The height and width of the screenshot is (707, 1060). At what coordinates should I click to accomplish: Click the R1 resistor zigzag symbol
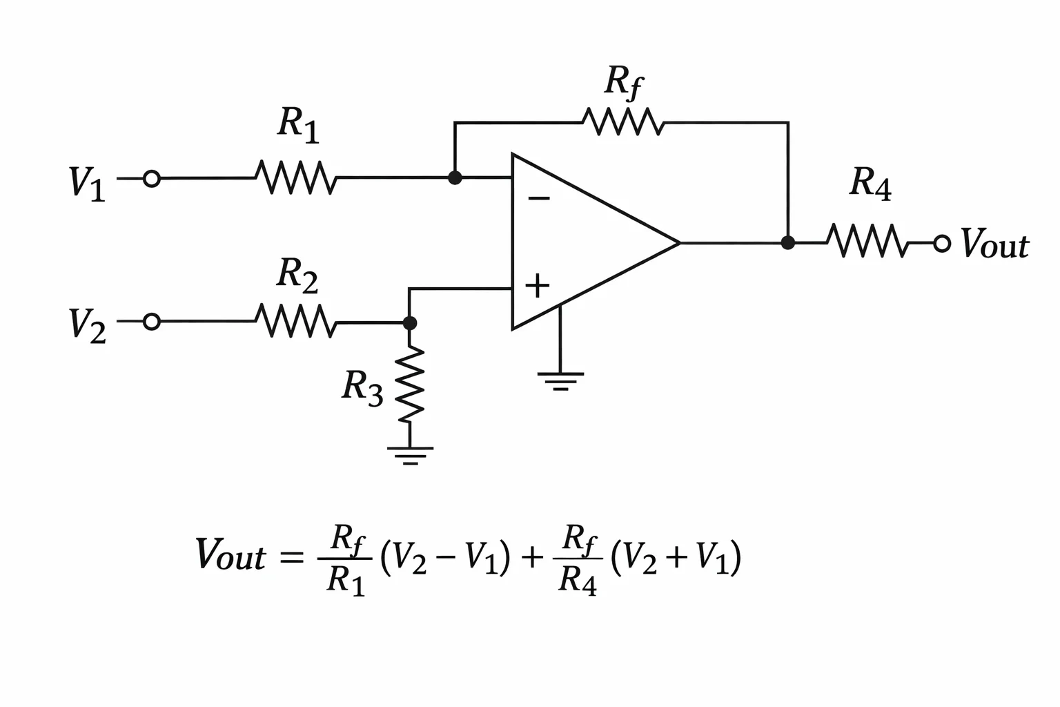pyautogui.click(x=296, y=177)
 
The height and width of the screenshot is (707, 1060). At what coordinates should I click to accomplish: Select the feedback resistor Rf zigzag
pyautogui.click(x=622, y=122)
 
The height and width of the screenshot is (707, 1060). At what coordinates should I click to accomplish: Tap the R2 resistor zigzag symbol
pyautogui.click(x=296, y=321)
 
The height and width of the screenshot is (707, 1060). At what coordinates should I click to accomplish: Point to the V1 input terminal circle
pyautogui.click(x=151, y=179)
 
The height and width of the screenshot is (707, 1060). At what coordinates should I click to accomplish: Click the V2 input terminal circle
pyautogui.click(x=151, y=322)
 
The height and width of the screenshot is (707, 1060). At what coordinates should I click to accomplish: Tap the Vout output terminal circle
pyautogui.click(x=942, y=244)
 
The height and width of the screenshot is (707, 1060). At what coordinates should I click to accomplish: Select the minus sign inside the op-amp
pyautogui.click(x=538, y=198)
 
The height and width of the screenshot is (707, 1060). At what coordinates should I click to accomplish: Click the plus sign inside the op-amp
pyautogui.click(x=537, y=286)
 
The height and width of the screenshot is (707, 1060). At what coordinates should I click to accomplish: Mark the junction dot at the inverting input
pyautogui.click(x=455, y=177)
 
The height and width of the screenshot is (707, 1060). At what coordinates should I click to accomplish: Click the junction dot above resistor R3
pyautogui.click(x=410, y=323)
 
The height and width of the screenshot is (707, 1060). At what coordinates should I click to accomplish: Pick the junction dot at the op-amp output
pyautogui.click(x=788, y=242)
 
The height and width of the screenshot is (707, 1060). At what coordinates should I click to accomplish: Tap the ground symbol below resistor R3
pyautogui.click(x=411, y=455)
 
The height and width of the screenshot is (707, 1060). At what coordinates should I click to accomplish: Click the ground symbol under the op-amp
pyautogui.click(x=560, y=380)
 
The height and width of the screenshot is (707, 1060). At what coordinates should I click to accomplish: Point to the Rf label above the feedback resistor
pyautogui.click(x=624, y=83)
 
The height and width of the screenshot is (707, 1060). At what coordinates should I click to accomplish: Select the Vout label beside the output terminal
pyautogui.click(x=995, y=244)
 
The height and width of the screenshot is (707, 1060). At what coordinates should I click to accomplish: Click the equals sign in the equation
pyautogui.click(x=291, y=557)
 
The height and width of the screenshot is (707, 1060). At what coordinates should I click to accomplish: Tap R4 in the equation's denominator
pyautogui.click(x=578, y=580)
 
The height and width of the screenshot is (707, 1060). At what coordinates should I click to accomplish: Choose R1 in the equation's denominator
pyautogui.click(x=346, y=580)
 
